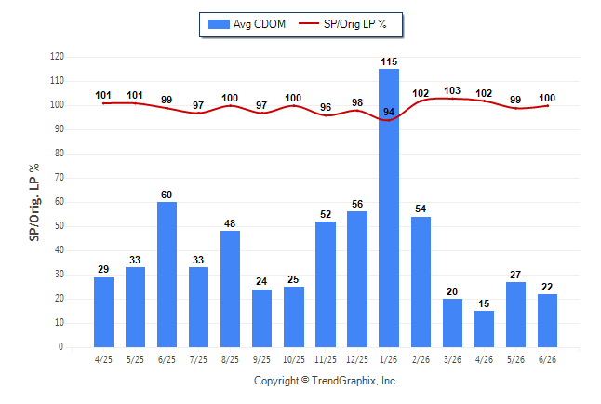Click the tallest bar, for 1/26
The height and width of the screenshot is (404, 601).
click(389, 208)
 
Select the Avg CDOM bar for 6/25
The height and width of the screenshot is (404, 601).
click(167, 275)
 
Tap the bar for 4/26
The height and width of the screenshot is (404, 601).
click(484, 330)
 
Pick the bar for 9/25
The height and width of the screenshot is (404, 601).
click(261, 318)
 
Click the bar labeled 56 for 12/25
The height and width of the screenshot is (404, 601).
click(357, 279)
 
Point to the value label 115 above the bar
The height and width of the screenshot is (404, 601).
click(389, 61)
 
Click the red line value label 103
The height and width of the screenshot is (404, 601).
click(452, 90)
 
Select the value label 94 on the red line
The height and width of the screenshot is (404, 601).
click(389, 112)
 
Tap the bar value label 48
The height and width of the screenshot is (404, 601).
click(230, 223)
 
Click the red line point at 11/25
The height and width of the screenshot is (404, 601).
click(326, 115)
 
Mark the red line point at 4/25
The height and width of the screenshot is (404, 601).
click(103, 103)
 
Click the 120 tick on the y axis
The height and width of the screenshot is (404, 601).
click(57, 57)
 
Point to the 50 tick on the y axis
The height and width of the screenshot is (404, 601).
click(60, 226)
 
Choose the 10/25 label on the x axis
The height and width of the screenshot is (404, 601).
click(294, 359)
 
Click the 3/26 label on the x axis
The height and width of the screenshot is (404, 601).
click(452, 359)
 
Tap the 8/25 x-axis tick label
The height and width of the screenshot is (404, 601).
click(230, 359)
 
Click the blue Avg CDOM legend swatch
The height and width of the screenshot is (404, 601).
click(219, 24)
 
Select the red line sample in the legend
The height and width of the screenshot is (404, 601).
click(309, 24)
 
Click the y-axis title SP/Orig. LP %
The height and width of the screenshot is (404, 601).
click(34, 202)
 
